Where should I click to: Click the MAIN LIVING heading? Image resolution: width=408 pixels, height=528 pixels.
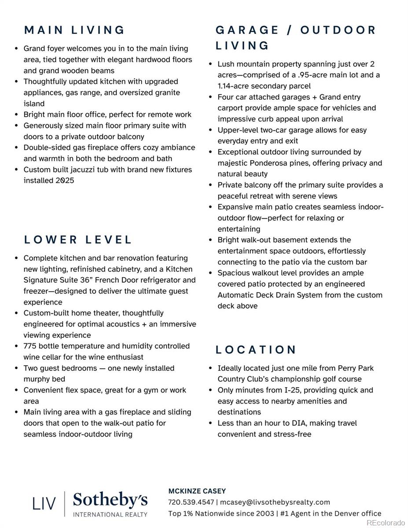pyautogui.click(x=74, y=30)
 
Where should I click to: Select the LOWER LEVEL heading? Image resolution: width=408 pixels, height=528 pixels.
pyautogui.click(x=78, y=240)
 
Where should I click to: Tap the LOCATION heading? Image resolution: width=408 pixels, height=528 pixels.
pyautogui.click(x=256, y=350)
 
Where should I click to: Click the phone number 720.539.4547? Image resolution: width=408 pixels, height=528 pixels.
pyautogui.click(x=191, y=502)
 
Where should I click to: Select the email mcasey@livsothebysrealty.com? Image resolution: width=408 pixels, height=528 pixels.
pyautogui.click(x=275, y=502)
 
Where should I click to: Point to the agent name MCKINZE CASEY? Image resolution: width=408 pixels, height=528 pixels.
pyautogui.click(x=197, y=491)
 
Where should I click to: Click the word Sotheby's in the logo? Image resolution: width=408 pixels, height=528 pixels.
pyautogui.click(x=110, y=500)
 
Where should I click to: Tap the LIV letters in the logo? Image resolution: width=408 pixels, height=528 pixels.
pyautogui.click(x=44, y=503)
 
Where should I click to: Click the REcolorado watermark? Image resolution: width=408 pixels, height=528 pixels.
pyautogui.click(x=386, y=522)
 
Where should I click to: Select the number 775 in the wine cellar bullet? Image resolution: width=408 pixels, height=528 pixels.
pyautogui.click(x=30, y=346)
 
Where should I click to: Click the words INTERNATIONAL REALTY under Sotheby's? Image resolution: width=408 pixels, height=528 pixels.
pyautogui.click(x=110, y=514)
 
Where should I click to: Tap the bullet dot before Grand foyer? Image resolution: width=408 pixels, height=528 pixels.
pyautogui.click(x=16, y=49)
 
